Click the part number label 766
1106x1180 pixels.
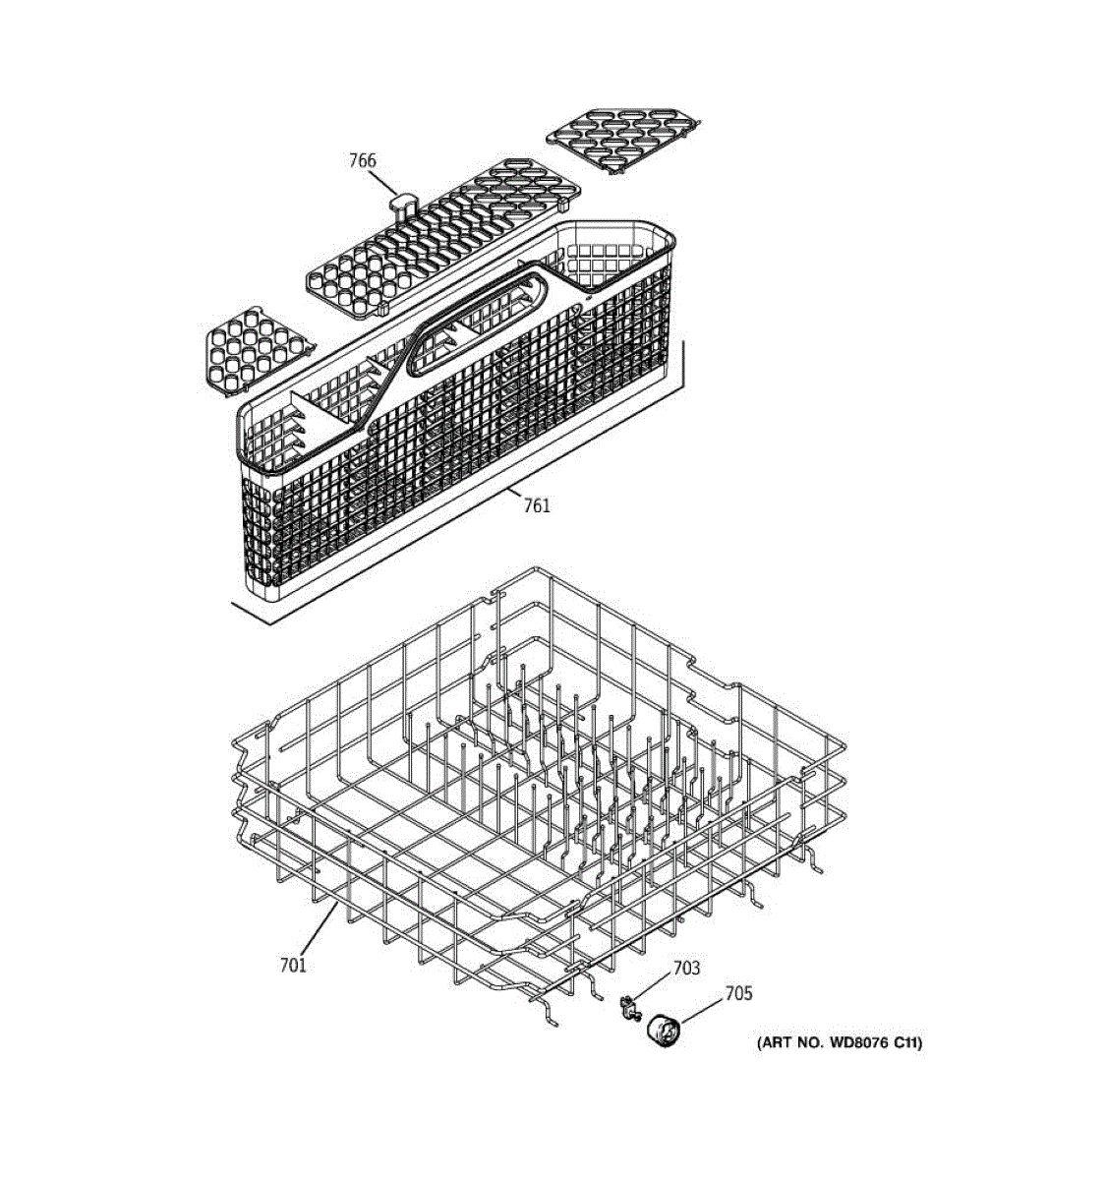[x=362, y=160]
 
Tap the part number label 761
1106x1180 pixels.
[x=537, y=505]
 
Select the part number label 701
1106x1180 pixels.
[x=293, y=965]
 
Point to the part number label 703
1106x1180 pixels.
[x=686, y=969]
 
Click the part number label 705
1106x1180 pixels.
[x=738, y=994]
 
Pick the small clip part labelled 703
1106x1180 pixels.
[x=626, y=1005]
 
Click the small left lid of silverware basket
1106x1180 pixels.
[x=257, y=352]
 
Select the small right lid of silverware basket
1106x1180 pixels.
[x=624, y=139]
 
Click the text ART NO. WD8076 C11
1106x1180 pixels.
[x=839, y=1043]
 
